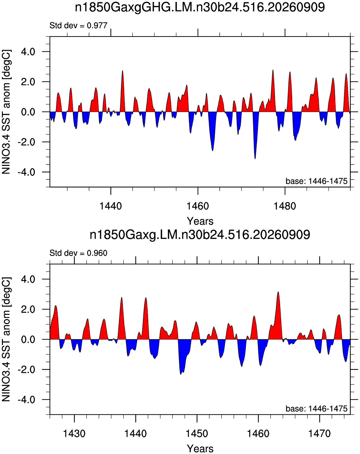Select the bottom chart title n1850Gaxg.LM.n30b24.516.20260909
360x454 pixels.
pyautogui.click(x=200, y=235)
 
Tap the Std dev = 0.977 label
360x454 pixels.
pyautogui.click(x=79, y=26)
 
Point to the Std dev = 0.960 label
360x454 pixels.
pyautogui.click(x=79, y=253)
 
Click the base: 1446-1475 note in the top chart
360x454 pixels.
pyautogui.click(x=316, y=181)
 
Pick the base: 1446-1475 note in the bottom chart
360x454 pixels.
pyautogui.click(x=316, y=409)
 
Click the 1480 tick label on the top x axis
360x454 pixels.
pyautogui.click(x=285, y=206)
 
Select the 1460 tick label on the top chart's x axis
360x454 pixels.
pyautogui.click(x=198, y=206)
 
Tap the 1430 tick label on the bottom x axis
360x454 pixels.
pyautogui.click(x=74, y=433)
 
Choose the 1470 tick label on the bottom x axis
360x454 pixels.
pyautogui.click(x=319, y=433)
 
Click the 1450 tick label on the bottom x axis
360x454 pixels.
pyautogui.click(x=197, y=433)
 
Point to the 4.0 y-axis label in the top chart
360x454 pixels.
pyautogui.click(x=28, y=52)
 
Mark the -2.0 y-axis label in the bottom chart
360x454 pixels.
pyautogui.click(x=26, y=370)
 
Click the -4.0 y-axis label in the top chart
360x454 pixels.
pyautogui.click(x=26, y=172)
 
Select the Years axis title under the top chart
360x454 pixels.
pyautogui.click(x=200, y=221)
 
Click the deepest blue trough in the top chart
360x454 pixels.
pyautogui.click(x=255, y=159)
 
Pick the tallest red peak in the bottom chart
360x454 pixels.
pyautogui.click(x=278, y=292)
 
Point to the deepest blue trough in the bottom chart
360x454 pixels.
pyautogui.click(x=181, y=374)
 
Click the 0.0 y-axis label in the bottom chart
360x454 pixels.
pyautogui.click(x=28, y=340)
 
